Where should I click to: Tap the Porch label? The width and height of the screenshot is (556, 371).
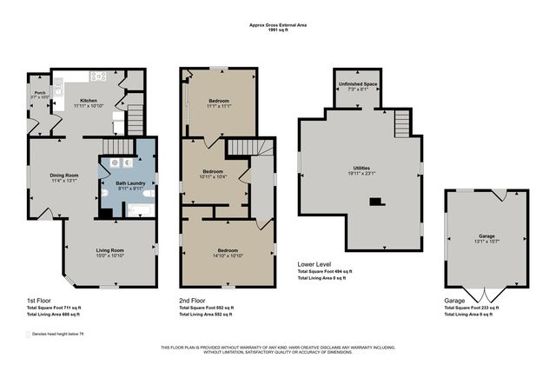click(x=39, y=92)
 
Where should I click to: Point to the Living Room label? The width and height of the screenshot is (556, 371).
click(x=111, y=250)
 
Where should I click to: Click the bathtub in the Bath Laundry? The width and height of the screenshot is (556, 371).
click(x=140, y=209)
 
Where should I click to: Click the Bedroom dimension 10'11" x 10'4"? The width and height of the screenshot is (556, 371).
click(x=214, y=176)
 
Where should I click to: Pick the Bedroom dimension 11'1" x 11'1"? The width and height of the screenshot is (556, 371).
click(x=219, y=106)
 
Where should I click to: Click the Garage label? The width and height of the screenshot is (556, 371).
click(x=486, y=235)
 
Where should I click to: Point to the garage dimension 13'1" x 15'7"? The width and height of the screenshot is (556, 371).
click(x=486, y=241)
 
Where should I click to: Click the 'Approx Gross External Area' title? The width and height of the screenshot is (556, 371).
click(x=278, y=26)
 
